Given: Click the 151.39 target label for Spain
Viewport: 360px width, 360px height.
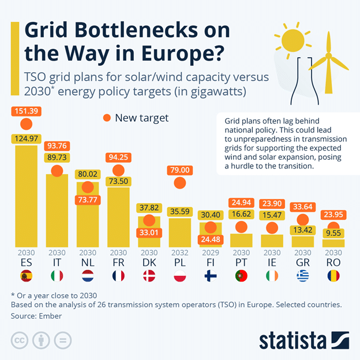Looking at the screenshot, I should (x=26, y=111).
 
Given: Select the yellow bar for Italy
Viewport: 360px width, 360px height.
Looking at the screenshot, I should (x=57, y=208).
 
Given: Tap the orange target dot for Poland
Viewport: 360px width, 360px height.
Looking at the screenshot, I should (x=179, y=183).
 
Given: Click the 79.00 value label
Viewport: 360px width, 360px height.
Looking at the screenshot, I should (x=179, y=170).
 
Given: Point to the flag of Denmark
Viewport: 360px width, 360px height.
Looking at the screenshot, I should (x=149, y=275).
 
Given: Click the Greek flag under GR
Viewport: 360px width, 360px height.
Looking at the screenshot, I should (x=302, y=275).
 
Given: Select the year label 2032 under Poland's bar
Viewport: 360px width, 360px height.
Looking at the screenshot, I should (x=179, y=253).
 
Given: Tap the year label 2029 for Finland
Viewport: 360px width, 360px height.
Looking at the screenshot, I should (x=210, y=253).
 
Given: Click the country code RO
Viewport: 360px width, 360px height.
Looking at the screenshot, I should (x=333, y=262).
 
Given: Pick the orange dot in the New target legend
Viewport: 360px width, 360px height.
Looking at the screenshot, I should (x=106, y=118).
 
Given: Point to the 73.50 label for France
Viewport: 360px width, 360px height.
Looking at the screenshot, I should (x=118, y=181).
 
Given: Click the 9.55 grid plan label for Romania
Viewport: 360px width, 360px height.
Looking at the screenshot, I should (x=333, y=234).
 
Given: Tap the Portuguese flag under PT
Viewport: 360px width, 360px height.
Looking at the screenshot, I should (x=241, y=275).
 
